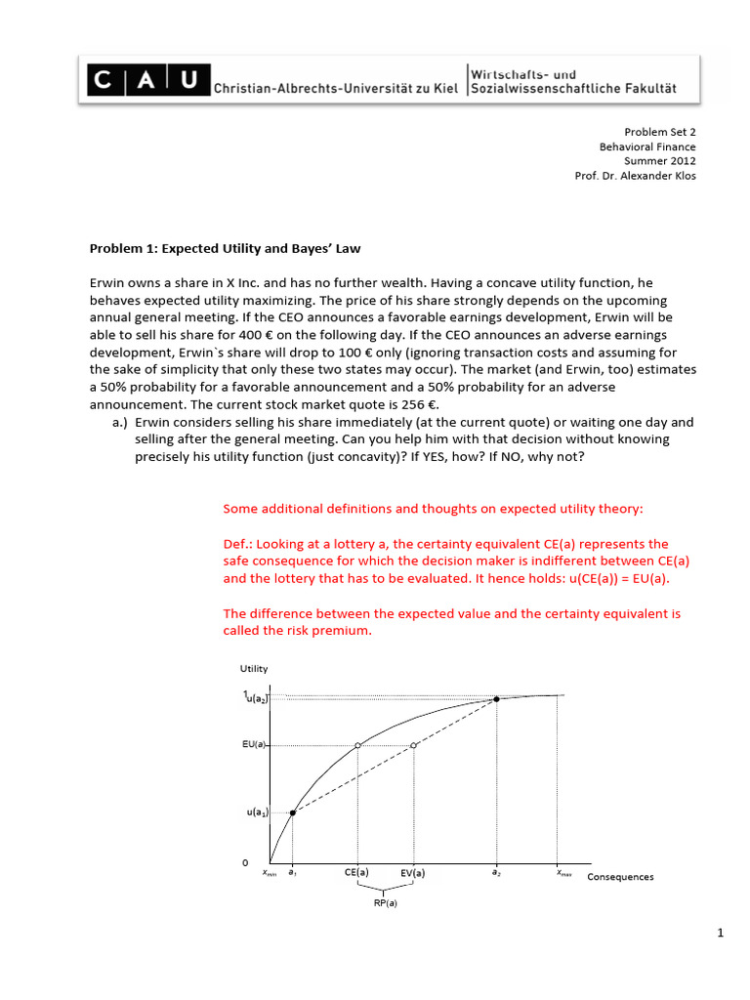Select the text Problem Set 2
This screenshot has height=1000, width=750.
660,131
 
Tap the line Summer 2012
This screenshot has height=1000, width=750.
660,160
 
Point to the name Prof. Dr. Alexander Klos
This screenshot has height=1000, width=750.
636,175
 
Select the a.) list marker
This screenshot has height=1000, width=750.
122,422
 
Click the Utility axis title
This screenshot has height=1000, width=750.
254,669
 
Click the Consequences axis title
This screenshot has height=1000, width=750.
620,877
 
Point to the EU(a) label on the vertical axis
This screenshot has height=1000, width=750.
254,745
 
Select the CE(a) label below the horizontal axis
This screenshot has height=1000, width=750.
356,873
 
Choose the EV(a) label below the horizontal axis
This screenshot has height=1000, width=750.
413,873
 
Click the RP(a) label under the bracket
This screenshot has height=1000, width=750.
385,903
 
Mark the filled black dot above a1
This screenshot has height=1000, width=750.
293,812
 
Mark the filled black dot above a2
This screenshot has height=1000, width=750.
497,699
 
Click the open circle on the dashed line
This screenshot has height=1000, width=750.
414,745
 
